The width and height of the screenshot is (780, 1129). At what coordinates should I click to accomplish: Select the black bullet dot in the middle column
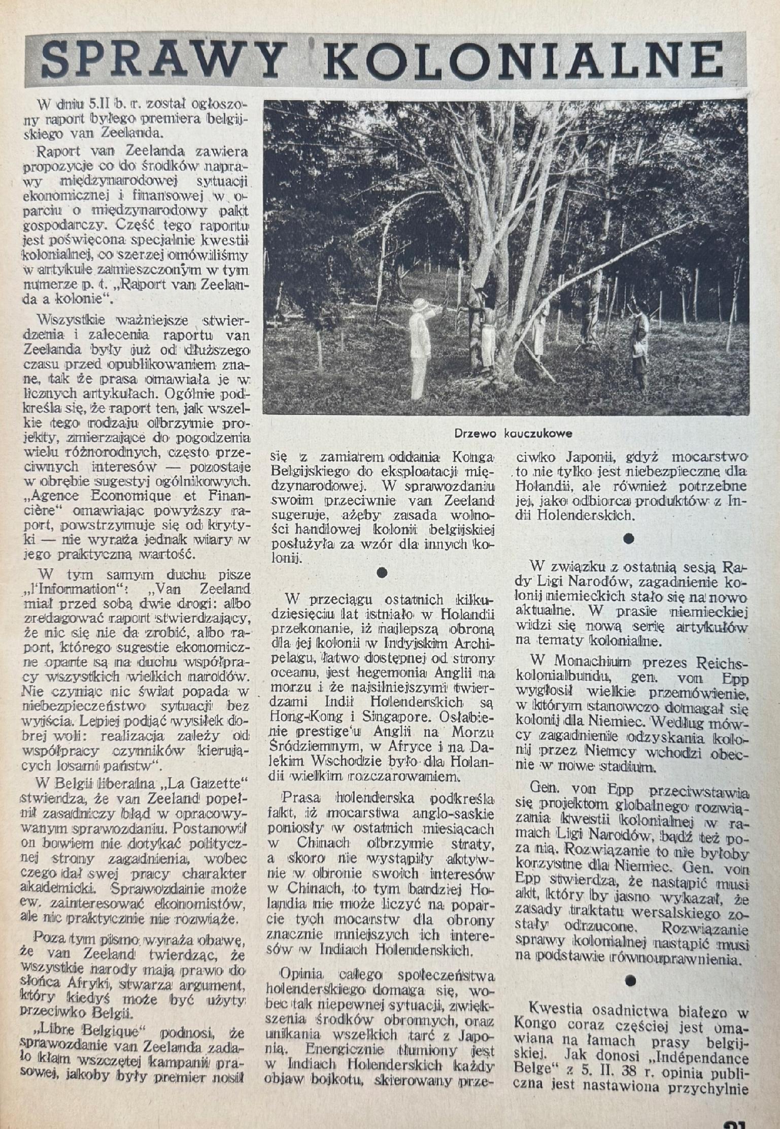[383, 572]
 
